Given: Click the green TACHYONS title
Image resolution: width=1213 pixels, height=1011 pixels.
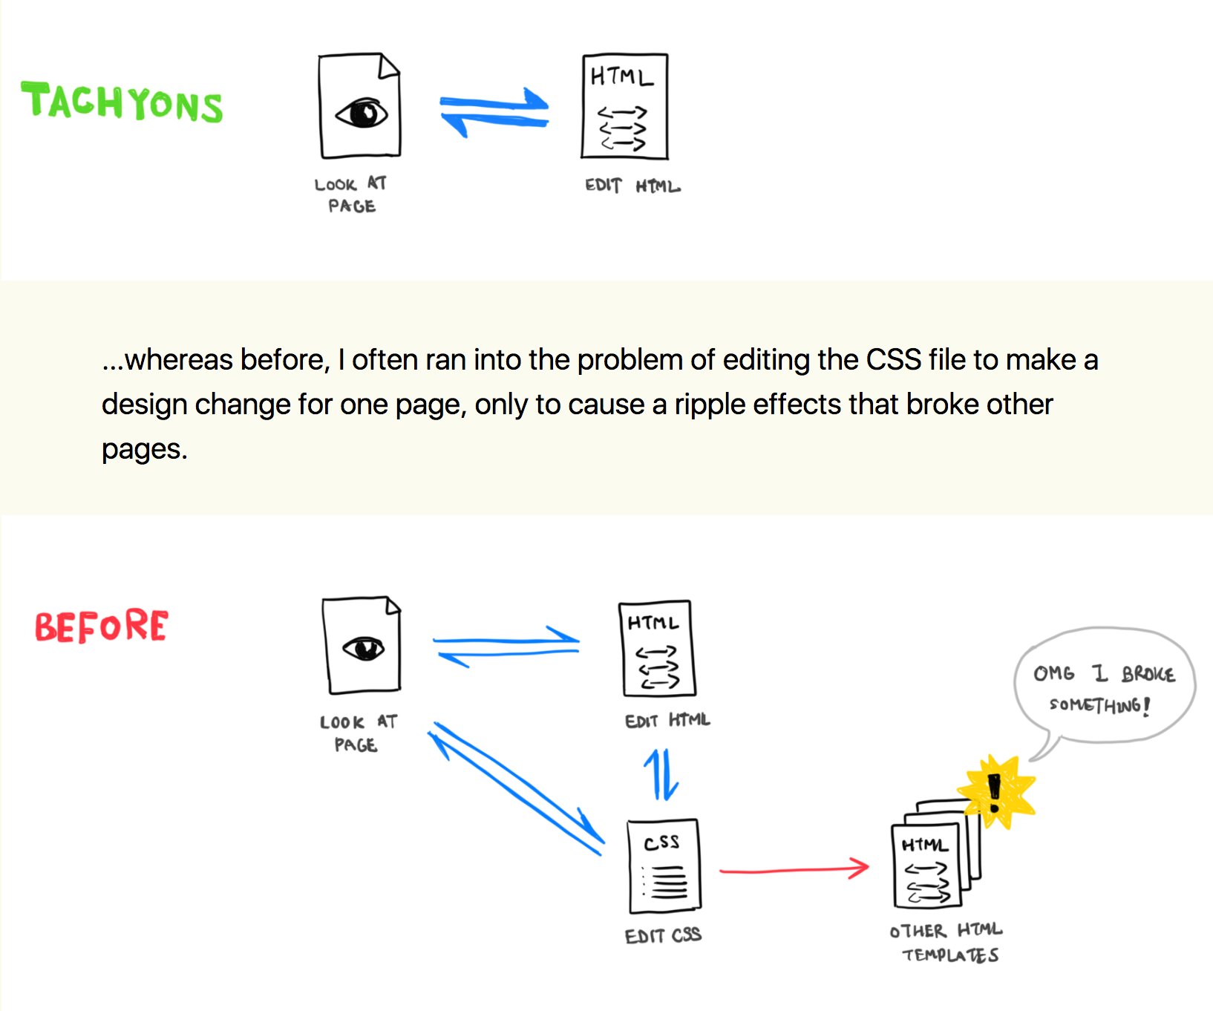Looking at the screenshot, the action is pos(122,102).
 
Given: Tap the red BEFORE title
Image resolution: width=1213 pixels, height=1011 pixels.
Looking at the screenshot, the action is pos(102,626).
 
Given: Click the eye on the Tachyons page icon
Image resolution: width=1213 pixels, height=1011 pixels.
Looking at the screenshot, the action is pos(362,114).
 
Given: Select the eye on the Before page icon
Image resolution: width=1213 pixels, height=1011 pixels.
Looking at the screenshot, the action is pos(363,649).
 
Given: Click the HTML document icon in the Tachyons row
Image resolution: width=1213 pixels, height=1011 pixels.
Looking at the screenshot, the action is pos(625,106).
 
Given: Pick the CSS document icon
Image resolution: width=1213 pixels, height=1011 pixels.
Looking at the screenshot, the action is pos(664,866).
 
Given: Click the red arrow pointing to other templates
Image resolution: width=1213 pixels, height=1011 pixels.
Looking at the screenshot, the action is pos(794,868).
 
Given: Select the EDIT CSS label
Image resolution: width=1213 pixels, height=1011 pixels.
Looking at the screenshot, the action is pos(663,935).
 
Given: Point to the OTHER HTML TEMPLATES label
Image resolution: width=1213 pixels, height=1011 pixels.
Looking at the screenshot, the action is pos(946,942).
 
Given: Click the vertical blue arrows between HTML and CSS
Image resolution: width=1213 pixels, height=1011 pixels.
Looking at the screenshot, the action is pos(661,774).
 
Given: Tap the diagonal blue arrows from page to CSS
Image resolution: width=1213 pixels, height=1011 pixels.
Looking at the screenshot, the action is pos(517,788).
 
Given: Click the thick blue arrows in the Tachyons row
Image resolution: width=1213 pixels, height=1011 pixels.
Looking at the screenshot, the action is pos(494,113).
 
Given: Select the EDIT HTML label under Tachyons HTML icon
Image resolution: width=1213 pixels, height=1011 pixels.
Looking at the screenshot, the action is pos(632,186).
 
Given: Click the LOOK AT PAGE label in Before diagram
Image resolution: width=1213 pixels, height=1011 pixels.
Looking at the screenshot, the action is pos(359,733).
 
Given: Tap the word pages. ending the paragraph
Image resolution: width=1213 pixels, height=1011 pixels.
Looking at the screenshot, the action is pos(145,450).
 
